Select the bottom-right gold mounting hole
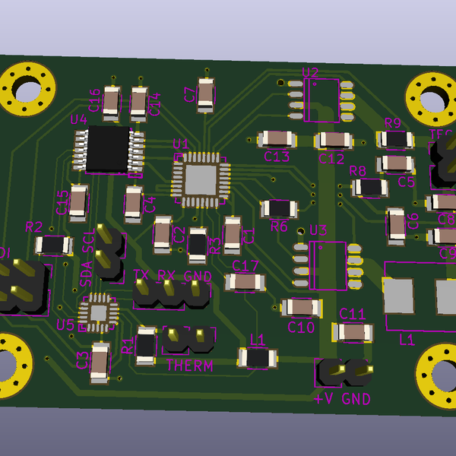pos(438,373)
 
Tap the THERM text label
pos(188,366)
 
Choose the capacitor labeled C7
pos(205,95)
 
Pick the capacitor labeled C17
pos(245,282)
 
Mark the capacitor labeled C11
pos(353,332)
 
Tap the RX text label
pos(166,276)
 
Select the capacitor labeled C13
pos(277,139)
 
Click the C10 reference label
pos(301,328)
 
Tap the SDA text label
pos(86,274)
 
